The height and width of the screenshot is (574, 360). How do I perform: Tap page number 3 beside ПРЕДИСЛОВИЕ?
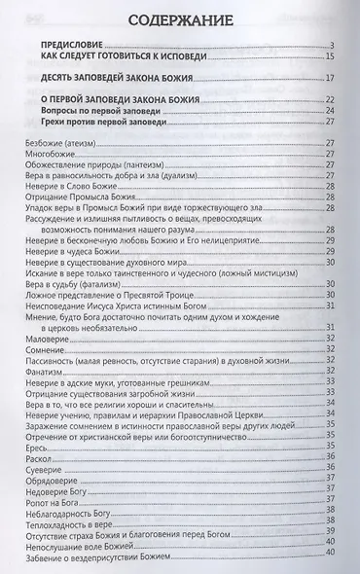click(333, 46)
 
